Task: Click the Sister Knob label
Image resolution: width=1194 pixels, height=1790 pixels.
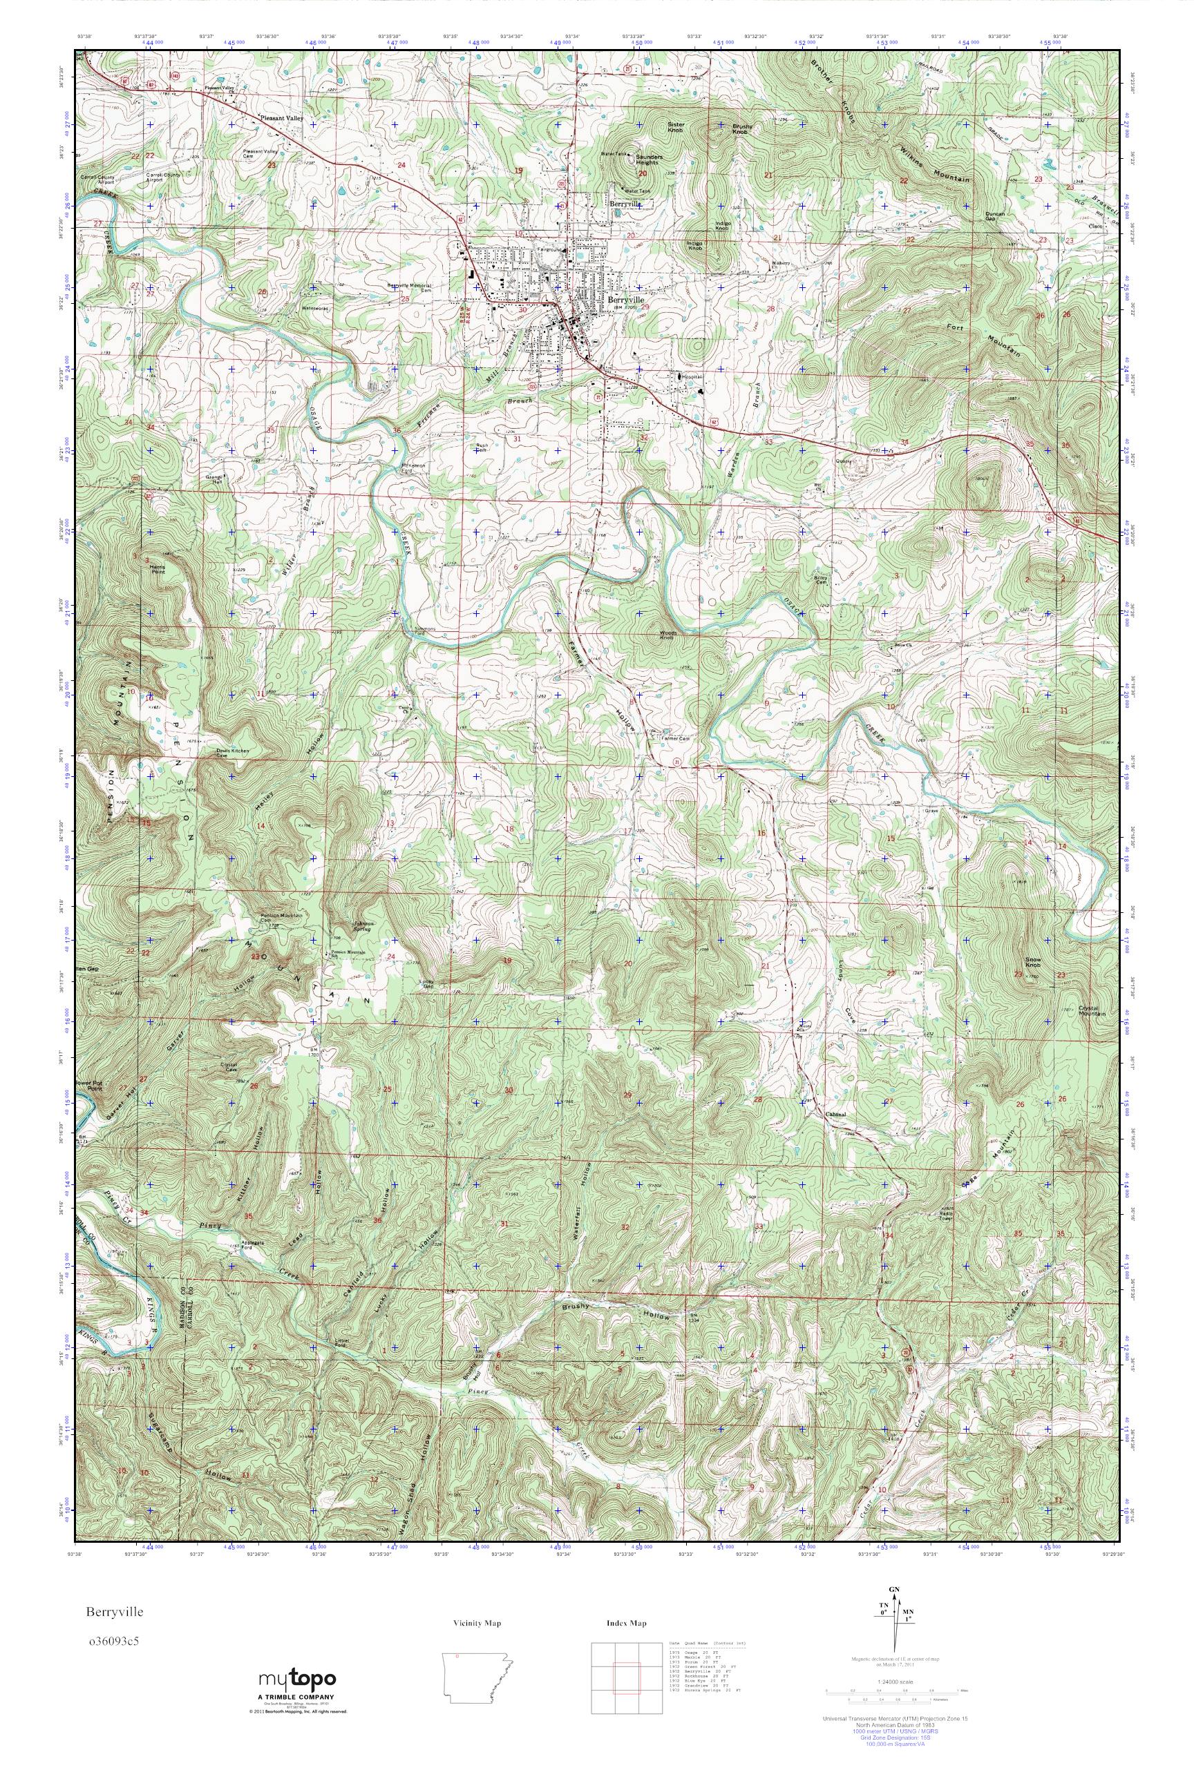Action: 676,127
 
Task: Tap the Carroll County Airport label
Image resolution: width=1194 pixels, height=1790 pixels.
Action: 97,179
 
